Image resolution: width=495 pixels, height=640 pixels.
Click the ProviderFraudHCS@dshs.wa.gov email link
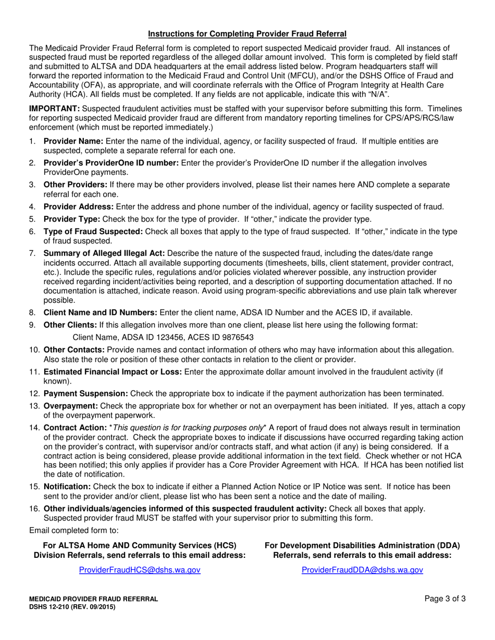click(139, 570)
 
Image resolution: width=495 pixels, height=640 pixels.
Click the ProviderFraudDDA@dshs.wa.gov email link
click(362, 570)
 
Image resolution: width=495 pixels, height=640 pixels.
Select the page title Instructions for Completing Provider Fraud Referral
click(247, 34)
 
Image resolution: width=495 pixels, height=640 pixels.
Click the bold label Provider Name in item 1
click(73, 141)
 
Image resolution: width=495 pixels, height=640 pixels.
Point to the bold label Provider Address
click(78, 207)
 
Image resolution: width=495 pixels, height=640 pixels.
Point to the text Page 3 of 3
click(444, 599)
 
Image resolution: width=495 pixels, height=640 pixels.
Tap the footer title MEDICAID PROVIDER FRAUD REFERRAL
click(93, 599)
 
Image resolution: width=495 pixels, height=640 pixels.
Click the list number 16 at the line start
click(34, 508)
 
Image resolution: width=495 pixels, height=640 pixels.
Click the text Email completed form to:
click(74, 530)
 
